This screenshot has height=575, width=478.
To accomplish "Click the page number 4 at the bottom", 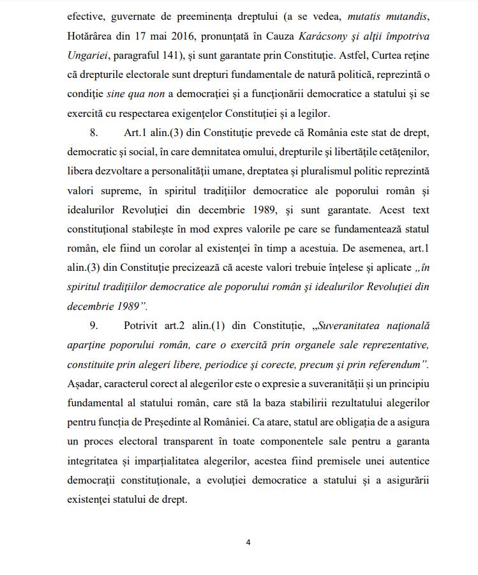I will click(248, 542).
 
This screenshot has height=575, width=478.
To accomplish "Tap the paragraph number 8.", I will click(93, 132).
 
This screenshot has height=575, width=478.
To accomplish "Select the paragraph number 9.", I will click(93, 325).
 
